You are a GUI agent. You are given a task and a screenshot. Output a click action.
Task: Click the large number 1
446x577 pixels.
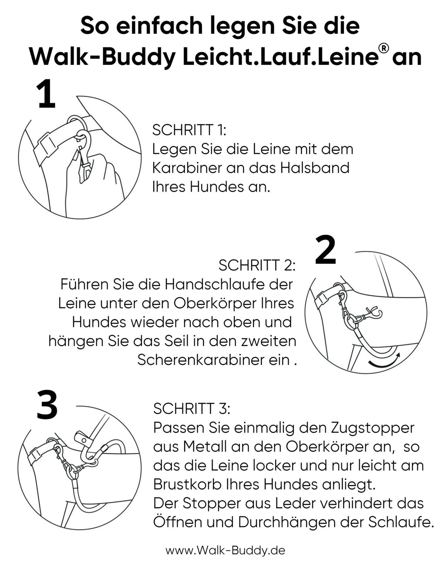coord(47,94)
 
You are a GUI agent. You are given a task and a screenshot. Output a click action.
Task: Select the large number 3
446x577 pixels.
coord(47,405)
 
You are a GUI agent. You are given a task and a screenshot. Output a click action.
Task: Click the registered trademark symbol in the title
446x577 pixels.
coord(384,48)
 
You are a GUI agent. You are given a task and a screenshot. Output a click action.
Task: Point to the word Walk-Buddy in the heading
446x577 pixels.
coord(102,57)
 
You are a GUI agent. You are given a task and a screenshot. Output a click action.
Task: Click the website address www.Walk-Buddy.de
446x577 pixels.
coord(225,550)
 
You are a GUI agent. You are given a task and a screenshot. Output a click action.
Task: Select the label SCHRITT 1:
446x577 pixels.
coord(189,130)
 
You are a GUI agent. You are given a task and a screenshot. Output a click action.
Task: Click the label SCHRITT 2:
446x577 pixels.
coord(257,265)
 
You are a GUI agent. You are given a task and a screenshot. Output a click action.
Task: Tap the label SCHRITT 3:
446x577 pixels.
coord(191,408)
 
